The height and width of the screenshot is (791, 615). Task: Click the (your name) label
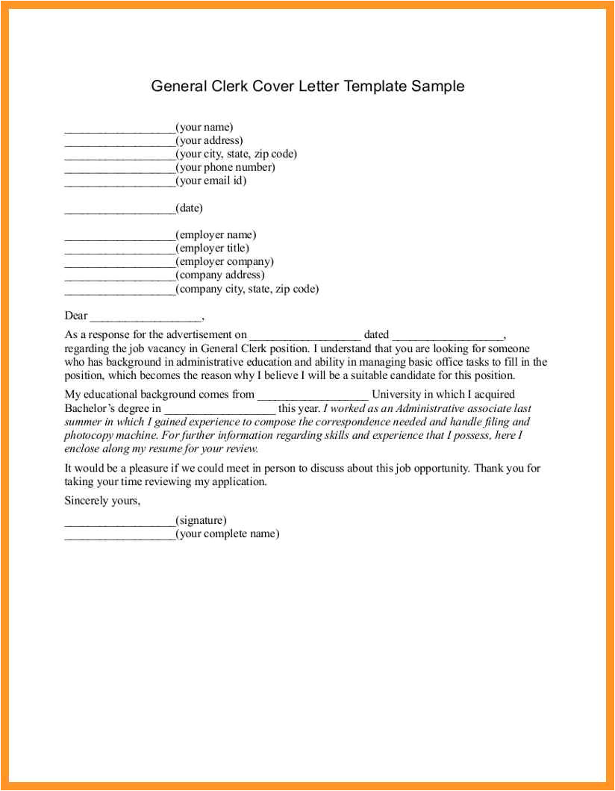tap(205, 128)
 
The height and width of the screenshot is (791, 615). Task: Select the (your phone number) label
tap(225, 168)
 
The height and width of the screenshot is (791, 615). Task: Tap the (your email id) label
tap(211, 181)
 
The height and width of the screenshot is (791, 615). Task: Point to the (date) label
tap(189, 208)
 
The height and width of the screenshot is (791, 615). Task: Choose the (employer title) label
tap(213, 248)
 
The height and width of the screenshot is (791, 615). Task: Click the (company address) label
tap(220, 275)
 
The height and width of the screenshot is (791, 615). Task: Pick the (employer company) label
tap(225, 262)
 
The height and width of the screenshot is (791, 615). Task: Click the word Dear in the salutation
tap(76, 316)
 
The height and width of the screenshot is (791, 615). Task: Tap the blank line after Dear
tap(146, 317)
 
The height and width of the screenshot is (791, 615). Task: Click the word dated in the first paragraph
tap(376, 335)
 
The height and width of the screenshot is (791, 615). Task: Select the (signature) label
tap(202, 521)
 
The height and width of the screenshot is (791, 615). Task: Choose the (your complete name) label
tap(228, 534)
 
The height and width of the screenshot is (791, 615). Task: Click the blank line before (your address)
tap(119, 142)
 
